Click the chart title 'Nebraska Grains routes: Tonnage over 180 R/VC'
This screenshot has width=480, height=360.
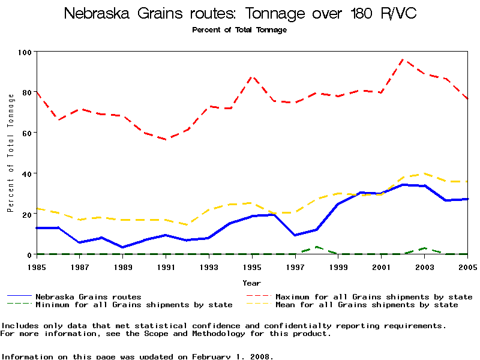click(240, 13)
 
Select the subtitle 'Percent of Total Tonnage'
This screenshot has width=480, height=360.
click(240, 30)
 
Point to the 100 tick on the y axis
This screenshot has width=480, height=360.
click(24, 52)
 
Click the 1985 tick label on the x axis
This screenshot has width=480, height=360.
click(37, 266)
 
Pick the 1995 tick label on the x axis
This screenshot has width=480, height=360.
click(252, 266)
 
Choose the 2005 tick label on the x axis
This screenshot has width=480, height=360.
click(467, 266)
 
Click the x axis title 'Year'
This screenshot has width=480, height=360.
click(252, 283)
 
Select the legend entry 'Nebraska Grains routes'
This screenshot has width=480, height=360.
click(88, 296)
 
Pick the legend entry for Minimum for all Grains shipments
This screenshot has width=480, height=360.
click(134, 305)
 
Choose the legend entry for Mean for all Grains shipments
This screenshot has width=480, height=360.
click(366, 305)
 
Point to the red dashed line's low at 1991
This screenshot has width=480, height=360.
click(166, 139)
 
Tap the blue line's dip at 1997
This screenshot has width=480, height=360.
click(295, 235)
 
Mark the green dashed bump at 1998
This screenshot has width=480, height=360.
click(317, 247)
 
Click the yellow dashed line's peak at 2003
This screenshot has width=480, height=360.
click(425, 173)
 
